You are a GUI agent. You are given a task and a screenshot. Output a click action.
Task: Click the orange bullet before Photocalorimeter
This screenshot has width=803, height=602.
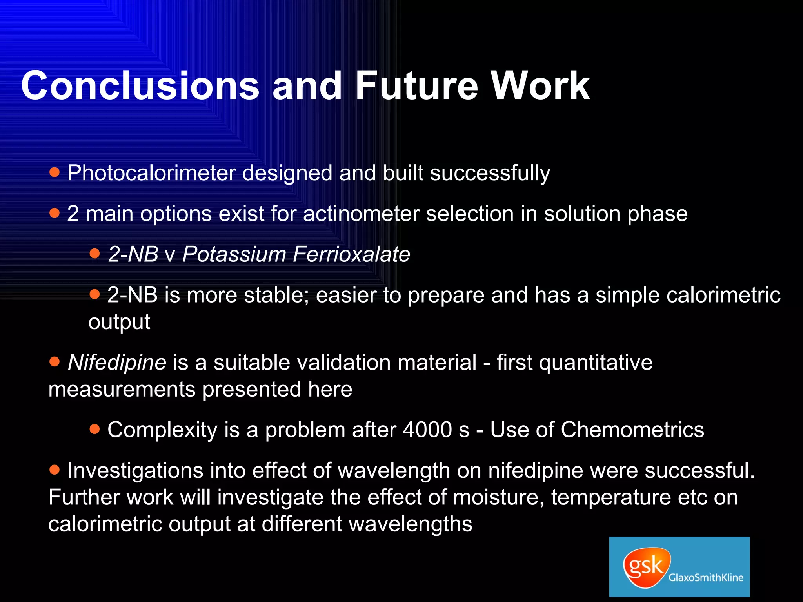(x=55, y=172)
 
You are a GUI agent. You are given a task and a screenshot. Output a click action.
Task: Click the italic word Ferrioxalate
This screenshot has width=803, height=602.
(x=351, y=254)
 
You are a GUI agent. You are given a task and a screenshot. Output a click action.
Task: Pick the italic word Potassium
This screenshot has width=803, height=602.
(x=234, y=254)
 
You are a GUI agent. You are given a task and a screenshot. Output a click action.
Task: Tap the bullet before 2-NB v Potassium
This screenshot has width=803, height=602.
(x=95, y=253)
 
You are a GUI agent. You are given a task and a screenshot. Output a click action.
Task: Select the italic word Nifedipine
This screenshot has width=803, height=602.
(x=117, y=363)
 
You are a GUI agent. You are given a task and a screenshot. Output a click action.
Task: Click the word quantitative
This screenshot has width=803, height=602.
(x=596, y=363)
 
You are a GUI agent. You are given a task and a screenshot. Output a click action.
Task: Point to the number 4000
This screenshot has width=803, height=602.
(x=428, y=430)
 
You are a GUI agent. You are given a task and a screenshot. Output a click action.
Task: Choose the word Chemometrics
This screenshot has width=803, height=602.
(x=632, y=430)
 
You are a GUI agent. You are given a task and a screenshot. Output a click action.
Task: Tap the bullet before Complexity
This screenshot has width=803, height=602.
(x=95, y=429)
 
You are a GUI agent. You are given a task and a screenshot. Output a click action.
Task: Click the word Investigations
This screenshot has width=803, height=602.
(x=135, y=471)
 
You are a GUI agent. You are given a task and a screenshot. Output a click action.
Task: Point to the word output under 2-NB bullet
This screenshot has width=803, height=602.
(x=119, y=322)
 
